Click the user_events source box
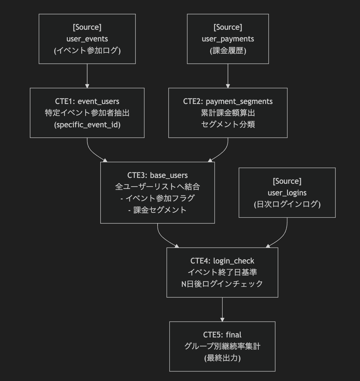pyautogui.click(x=87, y=39)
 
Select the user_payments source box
pyautogui.click(x=228, y=39)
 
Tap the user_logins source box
pyautogui.click(x=287, y=193)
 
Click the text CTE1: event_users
pyautogui.click(x=87, y=101)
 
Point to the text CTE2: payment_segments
pyautogui.click(x=228, y=101)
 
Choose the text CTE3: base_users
pyautogui.click(x=157, y=175)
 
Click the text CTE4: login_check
pyautogui.click(x=222, y=261)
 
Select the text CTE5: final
pyautogui.click(x=222, y=335)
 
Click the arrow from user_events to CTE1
pyautogui.click(x=87, y=76)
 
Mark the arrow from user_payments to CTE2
pyautogui.click(x=228, y=76)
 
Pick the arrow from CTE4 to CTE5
pyautogui.click(x=222, y=309)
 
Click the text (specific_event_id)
pyautogui.click(x=87, y=125)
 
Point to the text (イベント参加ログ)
pyautogui.click(x=87, y=51)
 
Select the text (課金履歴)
pyautogui.click(x=228, y=51)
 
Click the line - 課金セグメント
pyautogui.click(x=157, y=210)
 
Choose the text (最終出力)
pyautogui.click(x=222, y=358)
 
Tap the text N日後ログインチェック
pyautogui.click(x=222, y=284)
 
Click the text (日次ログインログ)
pyautogui.click(x=287, y=204)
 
